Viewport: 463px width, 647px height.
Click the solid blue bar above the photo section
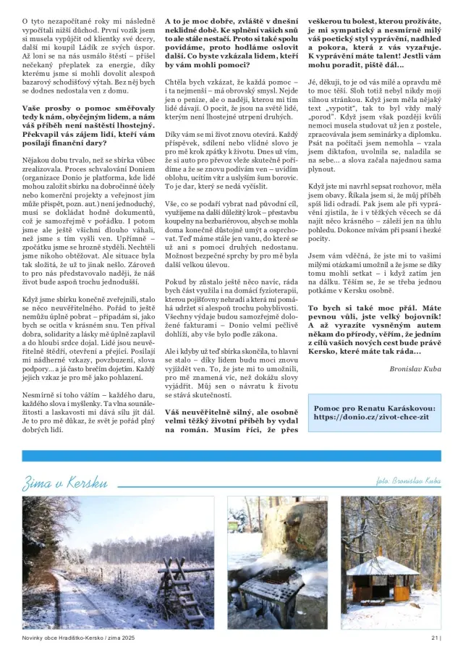click(231, 456)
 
